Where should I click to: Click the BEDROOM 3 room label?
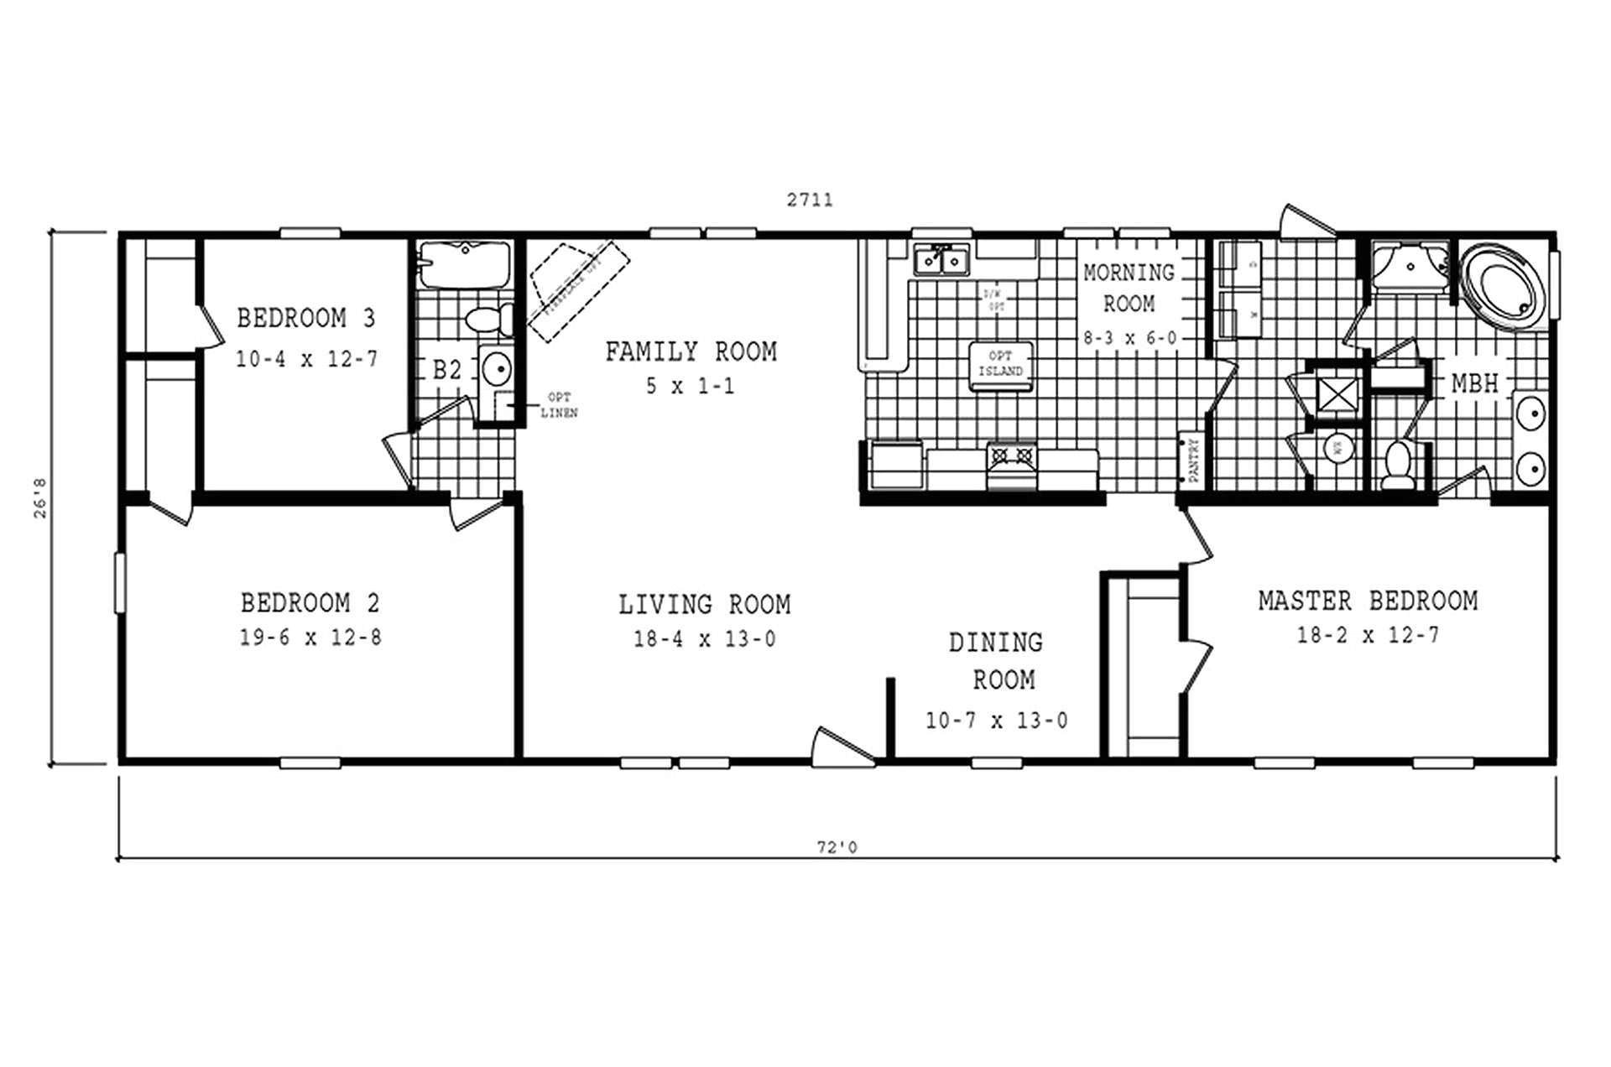[x=305, y=319]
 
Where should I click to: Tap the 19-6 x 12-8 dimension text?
[x=310, y=638]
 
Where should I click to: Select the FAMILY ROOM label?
[x=691, y=351]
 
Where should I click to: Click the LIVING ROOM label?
[x=704, y=605]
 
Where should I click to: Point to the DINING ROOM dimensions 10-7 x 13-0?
[x=996, y=721]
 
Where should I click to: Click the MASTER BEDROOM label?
[x=1368, y=601]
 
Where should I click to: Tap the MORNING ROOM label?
[x=1129, y=288]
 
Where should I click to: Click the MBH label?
[x=1474, y=384]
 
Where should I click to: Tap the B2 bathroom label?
[x=446, y=370]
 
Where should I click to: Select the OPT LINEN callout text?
[x=559, y=405]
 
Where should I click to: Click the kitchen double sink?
[x=941, y=261]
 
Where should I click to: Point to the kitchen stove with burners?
[x=1011, y=460]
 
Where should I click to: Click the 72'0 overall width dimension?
[x=837, y=847]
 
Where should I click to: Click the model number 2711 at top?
[x=810, y=200]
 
